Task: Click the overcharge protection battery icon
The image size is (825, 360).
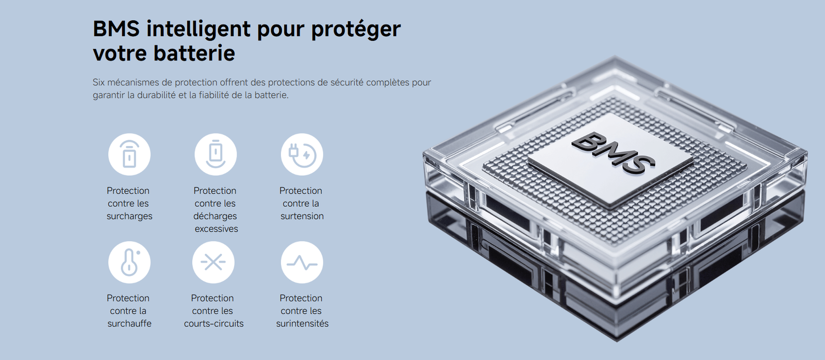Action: coord(129,154)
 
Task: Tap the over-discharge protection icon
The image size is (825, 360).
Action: coord(216,154)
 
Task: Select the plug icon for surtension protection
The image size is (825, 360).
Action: coord(302,154)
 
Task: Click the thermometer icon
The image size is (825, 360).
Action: coord(129,263)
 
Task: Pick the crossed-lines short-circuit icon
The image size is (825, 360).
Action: coord(213,263)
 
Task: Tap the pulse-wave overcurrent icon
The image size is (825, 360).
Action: coord(302,263)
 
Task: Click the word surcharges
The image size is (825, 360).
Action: coord(129,216)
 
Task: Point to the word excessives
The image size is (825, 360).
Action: coord(216,229)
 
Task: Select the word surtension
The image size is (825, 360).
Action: coord(302,216)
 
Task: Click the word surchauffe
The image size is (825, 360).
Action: coord(129,323)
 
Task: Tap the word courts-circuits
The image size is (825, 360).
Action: coord(213,323)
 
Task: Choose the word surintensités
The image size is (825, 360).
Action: coord(302,323)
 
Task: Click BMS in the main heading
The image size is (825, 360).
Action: coord(117,29)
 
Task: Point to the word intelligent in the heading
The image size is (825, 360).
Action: coord(199,29)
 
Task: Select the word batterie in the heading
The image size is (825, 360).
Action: coord(194,54)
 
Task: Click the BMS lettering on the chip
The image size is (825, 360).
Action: coord(613,153)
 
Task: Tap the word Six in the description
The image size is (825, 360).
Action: coord(98,82)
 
